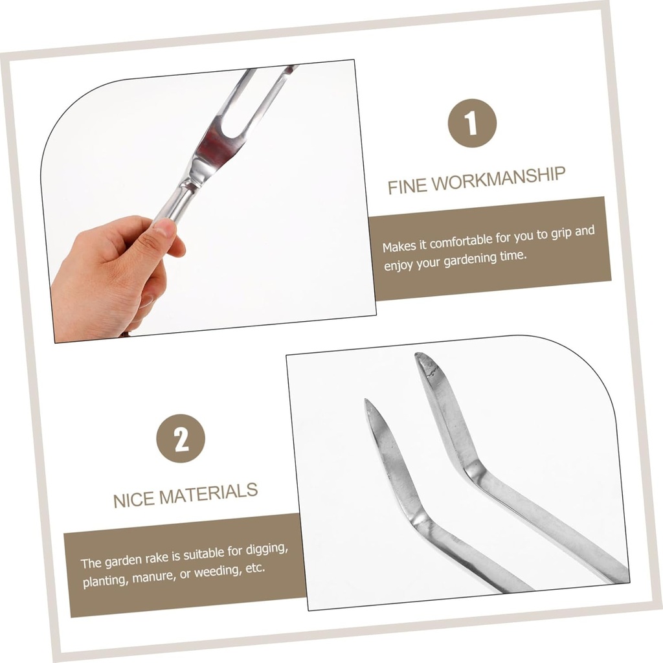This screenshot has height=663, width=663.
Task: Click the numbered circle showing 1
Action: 472,123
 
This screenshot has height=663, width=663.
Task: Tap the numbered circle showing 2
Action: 181,438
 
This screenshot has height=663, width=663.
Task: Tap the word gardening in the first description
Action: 470,260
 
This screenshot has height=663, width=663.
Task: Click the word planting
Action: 106,580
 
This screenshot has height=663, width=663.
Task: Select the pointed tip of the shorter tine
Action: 366,400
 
